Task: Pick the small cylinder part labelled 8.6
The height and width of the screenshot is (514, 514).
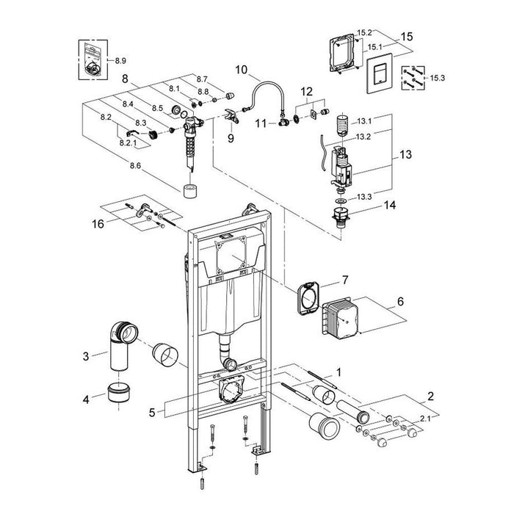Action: coord(192,192)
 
